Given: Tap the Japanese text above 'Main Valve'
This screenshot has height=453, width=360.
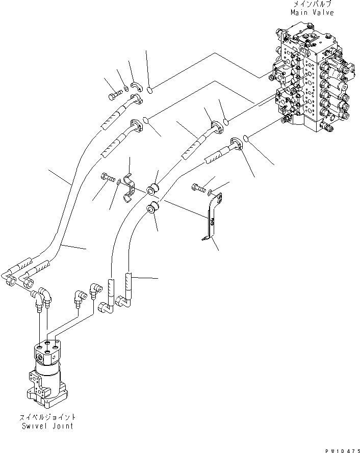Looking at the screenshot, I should (312, 5).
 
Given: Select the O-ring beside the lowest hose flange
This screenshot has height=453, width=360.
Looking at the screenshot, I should (246, 138).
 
